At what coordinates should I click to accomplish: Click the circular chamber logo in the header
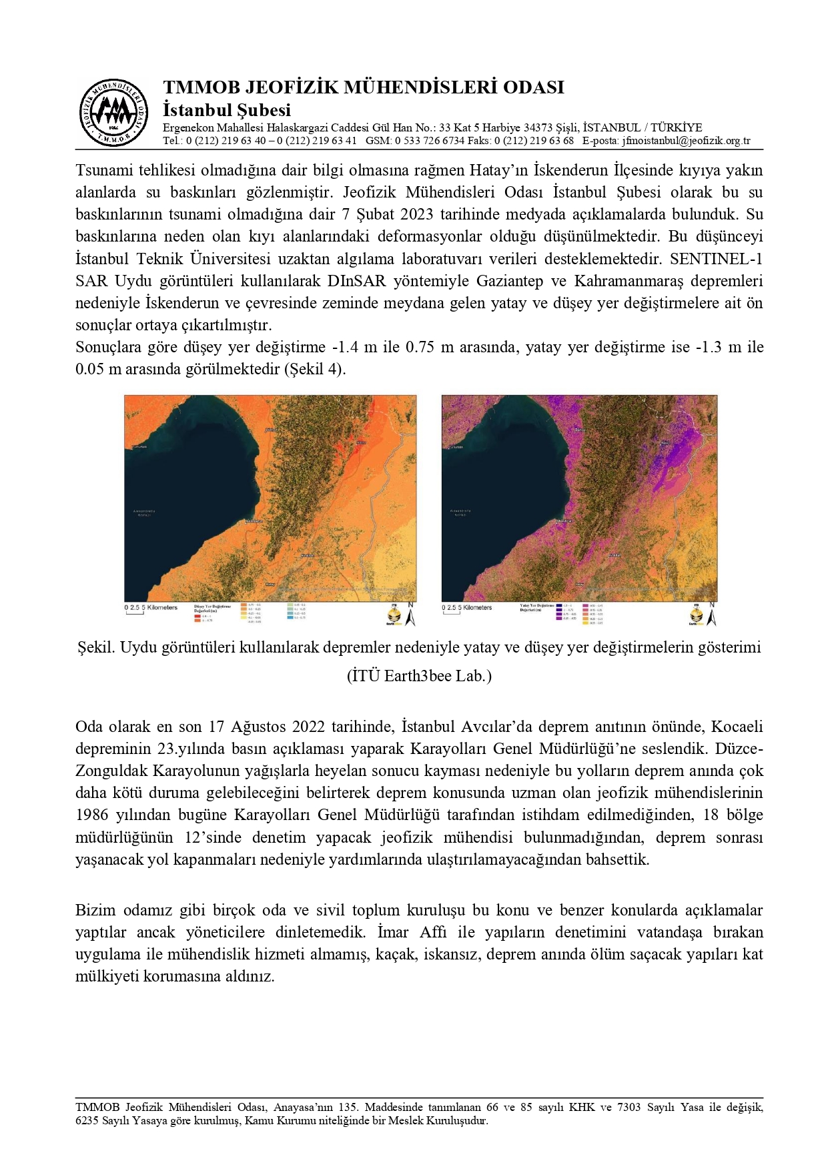(113, 112)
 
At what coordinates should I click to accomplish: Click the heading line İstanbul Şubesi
(227, 110)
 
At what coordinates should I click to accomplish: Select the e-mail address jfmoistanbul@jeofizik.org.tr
(686, 141)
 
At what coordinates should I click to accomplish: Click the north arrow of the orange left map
(410, 615)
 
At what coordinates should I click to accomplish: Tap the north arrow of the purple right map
(712, 615)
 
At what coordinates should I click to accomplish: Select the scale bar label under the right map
(466, 608)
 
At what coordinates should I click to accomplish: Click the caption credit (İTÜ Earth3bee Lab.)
(419, 676)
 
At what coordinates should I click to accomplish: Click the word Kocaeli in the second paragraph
(737, 727)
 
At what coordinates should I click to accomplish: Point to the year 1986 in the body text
(91, 815)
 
